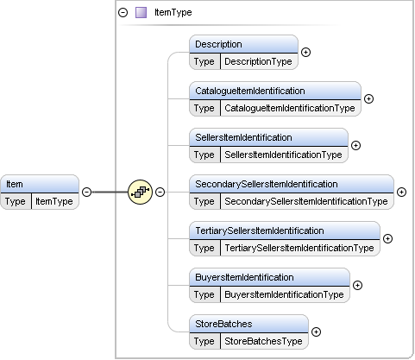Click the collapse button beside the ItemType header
(x=123, y=13)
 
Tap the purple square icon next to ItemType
(x=141, y=13)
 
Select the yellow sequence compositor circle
(x=140, y=192)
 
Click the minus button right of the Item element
(x=86, y=192)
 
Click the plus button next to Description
(x=305, y=52)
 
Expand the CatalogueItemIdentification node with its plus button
(x=368, y=98)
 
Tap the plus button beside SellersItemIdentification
(x=355, y=145)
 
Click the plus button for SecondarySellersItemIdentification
(x=401, y=192)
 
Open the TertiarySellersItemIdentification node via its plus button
(x=387, y=238)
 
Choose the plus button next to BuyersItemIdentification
(x=357, y=285)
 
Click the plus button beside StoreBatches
(x=316, y=332)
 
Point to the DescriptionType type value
(x=258, y=61)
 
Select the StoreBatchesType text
(x=263, y=341)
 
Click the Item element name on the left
(x=15, y=184)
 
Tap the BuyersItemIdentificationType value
(x=284, y=294)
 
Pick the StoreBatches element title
(x=223, y=324)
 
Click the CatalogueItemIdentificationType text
(x=290, y=108)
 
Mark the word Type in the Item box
(x=15, y=201)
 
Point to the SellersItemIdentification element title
(x=243, y=137)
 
